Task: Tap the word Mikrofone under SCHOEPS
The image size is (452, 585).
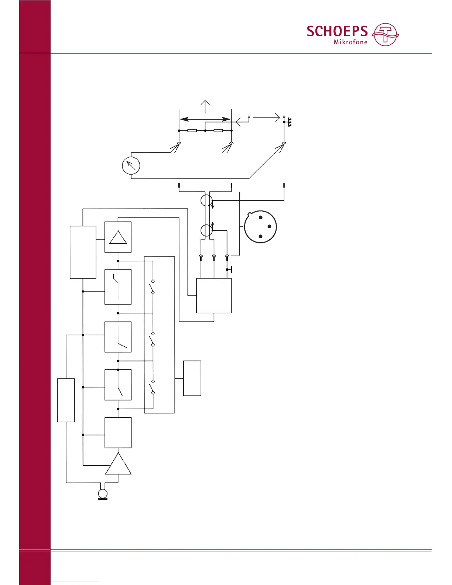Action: [x=350, y=42]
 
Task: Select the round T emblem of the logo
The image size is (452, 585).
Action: [x=386, y=34]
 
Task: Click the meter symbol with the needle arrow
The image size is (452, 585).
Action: [x=131, y=165]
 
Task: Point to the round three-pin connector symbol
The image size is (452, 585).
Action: [x=260, y=227]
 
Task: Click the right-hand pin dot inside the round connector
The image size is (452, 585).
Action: [x=269, y=226]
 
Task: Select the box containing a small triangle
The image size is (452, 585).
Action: [x=118, y=237]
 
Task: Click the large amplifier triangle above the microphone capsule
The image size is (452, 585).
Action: [x=118, y=464]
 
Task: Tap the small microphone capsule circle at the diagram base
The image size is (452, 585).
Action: [x=103, y=494]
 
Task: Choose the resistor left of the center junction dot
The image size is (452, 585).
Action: [x=192, y=131]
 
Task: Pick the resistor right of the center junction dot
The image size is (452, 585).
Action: [x=218, y=131]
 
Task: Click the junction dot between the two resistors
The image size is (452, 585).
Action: [x=205, y=131]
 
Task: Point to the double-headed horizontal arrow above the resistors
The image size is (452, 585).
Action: [x=205, y=119]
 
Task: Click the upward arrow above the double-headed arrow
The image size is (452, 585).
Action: [x=205, y=106]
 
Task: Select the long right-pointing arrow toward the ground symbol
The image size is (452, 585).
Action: [x=266, y=118]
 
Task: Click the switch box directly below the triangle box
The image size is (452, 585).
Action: [x=118, y=287]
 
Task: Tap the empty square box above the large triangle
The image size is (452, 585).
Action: [x=118, y=432]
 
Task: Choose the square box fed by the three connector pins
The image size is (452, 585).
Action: [x=214, y=295]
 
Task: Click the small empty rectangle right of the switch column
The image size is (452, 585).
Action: [x=192, y=378]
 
